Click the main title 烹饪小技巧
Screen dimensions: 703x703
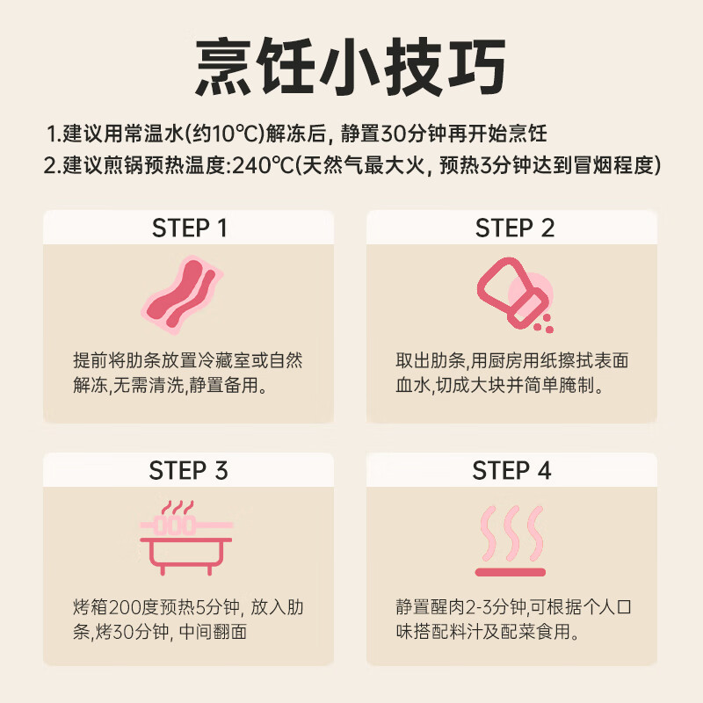click(351, 64)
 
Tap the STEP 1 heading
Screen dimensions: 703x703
click(190, 228)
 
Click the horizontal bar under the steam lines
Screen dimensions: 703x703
click(511, 572)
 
